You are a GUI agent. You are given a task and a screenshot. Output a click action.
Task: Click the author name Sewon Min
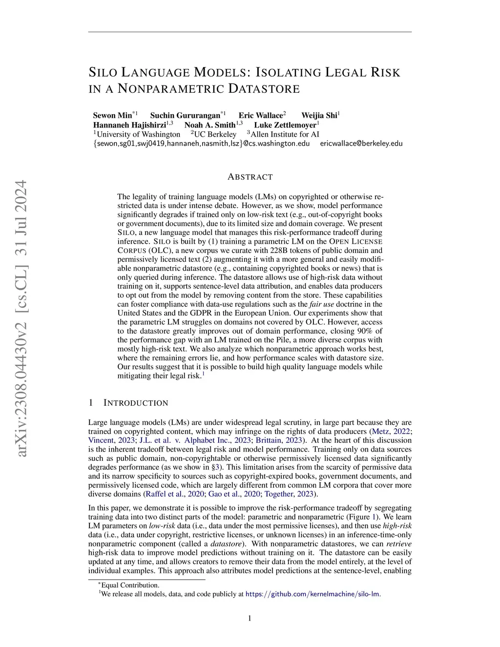pyautogui.click(x=112, y=116)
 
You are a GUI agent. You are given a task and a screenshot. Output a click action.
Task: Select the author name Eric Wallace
pyautogui.click(x=261, y=116)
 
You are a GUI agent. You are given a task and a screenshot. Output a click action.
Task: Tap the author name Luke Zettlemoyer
pyautogui.click(x=285, y=125)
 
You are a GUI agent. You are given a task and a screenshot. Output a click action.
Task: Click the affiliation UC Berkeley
pyautogui.click(x=215, y=134)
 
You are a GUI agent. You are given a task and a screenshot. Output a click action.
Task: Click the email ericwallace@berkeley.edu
pyautogui.click(x=361, y=144)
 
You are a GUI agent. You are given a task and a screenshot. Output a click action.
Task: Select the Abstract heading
pyautogui.click(x=250, y=177)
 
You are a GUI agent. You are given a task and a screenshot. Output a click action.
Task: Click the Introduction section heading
pyautogui.click(x=136, y=403)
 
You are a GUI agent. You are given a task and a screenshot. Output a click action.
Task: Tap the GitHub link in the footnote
pyautogui.click(x=312, y=594)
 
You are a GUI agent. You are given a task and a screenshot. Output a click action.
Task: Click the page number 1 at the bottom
pyautogui.click(x=250, y=619)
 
